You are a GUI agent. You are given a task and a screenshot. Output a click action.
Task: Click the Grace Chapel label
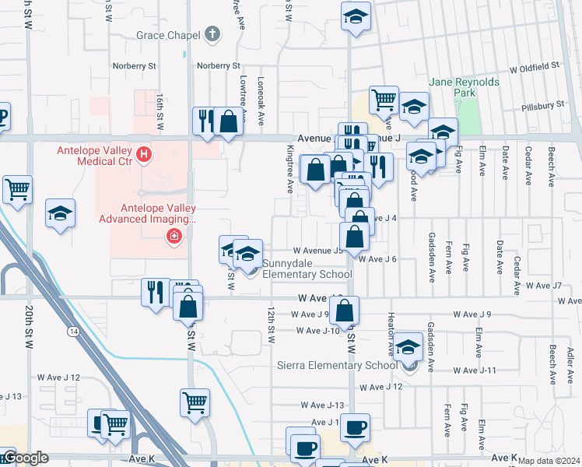167,35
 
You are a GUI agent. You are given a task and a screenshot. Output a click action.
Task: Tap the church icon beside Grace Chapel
212,35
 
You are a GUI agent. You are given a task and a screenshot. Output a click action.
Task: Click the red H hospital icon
144,155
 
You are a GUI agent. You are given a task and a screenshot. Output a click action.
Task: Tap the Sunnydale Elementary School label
307,269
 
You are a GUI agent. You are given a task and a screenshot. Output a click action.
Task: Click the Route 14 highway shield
73,331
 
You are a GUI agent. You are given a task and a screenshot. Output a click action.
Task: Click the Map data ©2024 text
549,461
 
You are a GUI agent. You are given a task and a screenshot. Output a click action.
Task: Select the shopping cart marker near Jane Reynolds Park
384,99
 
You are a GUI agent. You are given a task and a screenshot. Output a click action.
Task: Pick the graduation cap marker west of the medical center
60,214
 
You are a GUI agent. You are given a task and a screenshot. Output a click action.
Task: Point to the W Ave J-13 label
325,405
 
